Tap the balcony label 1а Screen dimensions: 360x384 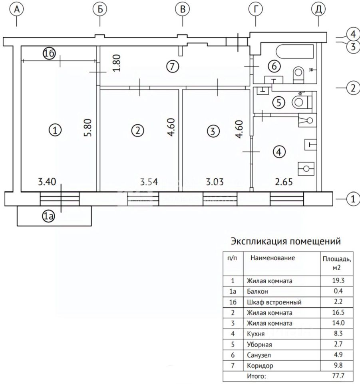point(49,217)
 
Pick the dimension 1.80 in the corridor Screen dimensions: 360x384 point(117,63)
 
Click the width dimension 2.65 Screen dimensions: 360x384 point(284,182)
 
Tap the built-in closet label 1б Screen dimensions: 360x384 point(49,55)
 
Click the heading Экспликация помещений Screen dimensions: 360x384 point(285,242)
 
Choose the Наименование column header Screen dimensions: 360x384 point(273,258)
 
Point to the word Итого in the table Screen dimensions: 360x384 point(256,376)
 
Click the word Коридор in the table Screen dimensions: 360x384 point(260,365)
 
